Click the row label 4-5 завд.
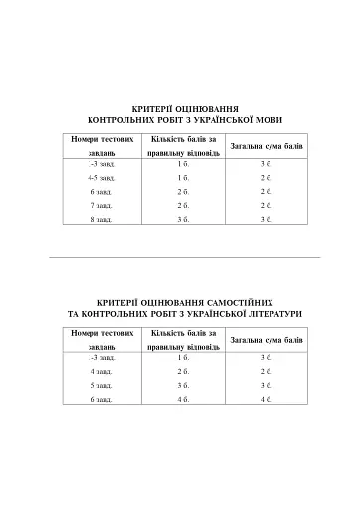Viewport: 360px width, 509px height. (101, 176)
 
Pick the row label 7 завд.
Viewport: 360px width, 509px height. (101, 204)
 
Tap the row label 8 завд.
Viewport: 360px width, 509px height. (101, 218)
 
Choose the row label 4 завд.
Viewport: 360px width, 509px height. (101, 370)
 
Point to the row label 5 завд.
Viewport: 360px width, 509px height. (101, 384)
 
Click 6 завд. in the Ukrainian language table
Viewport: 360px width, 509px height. (101, 190)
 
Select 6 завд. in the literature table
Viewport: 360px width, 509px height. (101, 398)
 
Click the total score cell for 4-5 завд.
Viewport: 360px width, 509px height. (266, 176)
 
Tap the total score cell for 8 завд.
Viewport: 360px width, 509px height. (266, 218)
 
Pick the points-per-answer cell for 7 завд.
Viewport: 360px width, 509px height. (183, 204)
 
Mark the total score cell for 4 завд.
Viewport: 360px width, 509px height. (266, 370)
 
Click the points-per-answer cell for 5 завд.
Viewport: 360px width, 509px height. (183, 384)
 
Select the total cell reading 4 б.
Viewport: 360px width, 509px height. (266, 398)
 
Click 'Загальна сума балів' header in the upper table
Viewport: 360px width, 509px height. (266, 146)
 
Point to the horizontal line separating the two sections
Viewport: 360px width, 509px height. (184, 257)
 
